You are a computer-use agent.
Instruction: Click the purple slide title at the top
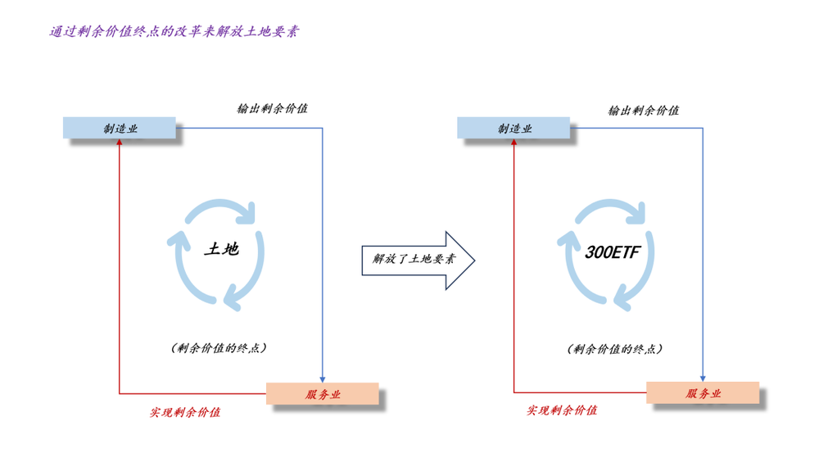tap(174, 32)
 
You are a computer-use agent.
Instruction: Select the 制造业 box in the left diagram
tap(120, 128)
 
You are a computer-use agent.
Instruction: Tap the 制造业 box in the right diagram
tap(514, 128)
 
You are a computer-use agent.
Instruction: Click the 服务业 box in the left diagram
tap(323, 393)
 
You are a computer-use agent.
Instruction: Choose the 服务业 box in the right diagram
tap(703, 392)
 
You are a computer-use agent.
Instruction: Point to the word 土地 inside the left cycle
tap(221, 248)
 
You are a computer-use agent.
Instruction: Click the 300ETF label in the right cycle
tap(613, 252)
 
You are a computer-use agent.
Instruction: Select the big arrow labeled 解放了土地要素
tap(419, 260)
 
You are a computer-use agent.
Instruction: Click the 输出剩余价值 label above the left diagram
tap(272, 108)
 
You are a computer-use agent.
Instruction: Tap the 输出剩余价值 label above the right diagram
tap(643, 110)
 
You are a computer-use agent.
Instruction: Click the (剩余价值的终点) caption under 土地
tap(219, 347)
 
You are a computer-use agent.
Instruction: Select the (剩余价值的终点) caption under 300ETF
tap(614, 348)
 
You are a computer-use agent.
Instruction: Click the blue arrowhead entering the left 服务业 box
tap(323, 378)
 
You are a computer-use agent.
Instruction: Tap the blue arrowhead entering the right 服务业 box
tap(703, 377)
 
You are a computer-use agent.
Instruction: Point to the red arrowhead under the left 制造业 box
tap(120, 143)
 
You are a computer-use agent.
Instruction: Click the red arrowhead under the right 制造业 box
tap(514, 143)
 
